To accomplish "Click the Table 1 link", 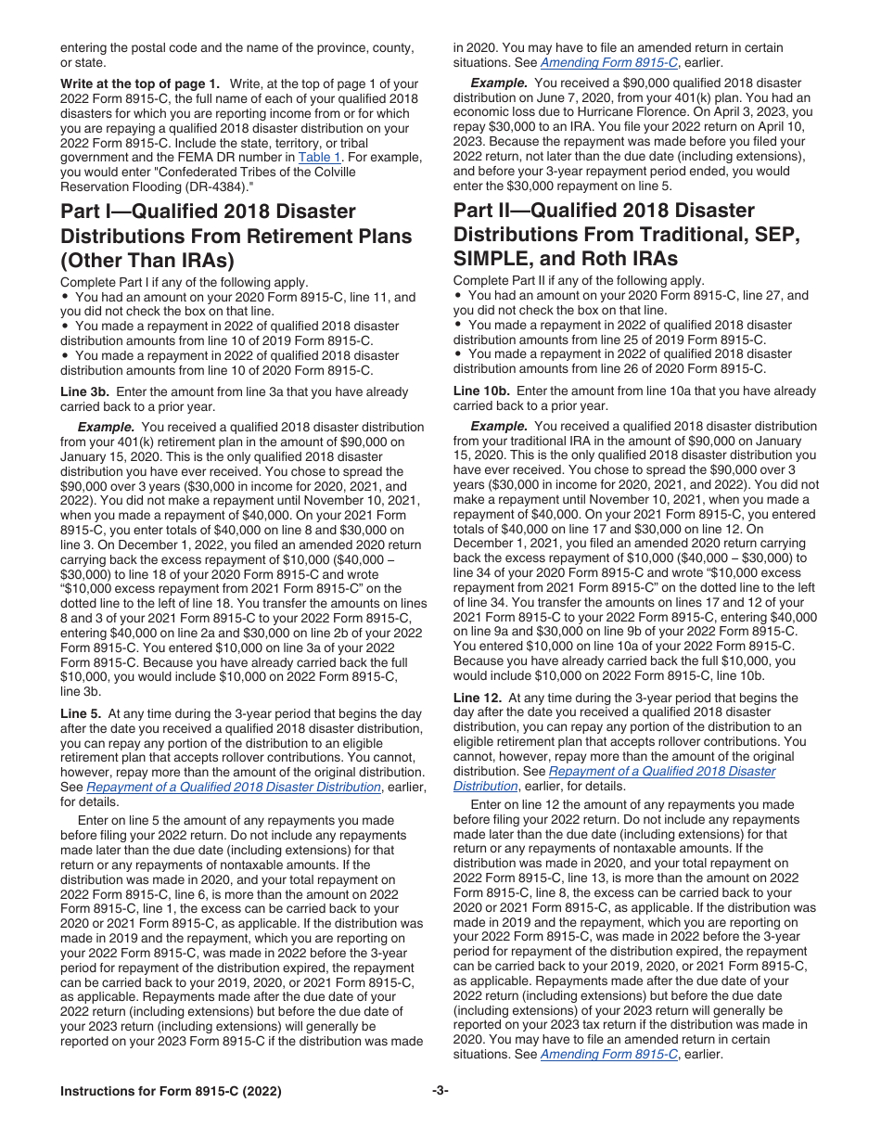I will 319,158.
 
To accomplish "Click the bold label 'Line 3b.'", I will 87,391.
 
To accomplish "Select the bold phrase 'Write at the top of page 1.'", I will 140,84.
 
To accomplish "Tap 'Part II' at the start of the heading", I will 485,211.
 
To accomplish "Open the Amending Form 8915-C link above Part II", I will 609,62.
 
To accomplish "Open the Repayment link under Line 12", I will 662,772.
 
